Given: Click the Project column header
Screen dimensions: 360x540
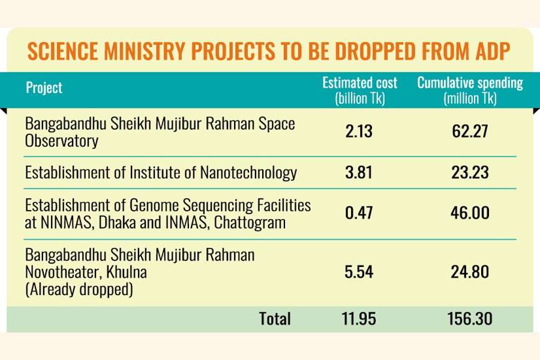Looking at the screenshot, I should (44, 88).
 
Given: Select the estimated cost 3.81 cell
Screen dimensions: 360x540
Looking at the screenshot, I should (359, 173).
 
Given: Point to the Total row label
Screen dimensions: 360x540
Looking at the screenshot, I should (275, 319).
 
